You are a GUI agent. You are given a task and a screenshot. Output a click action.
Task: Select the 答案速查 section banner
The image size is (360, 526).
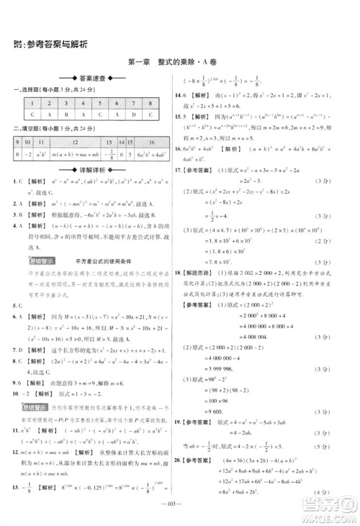pyautogui.click(x=92, y=78)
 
